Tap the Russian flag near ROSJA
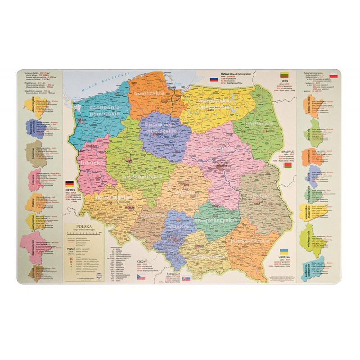pyautogui.click(x=214, y=79)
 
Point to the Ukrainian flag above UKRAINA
pyautogui.click(x=284, y=250)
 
